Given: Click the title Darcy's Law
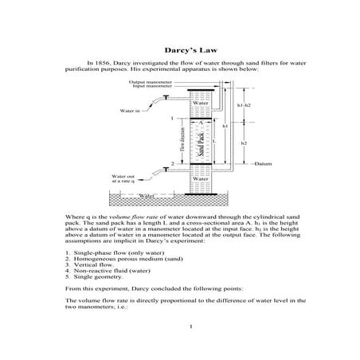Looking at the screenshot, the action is (x=179, y=49).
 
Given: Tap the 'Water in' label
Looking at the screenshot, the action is (x=130, y=111).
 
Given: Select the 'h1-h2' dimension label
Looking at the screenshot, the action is (x=244, y=104).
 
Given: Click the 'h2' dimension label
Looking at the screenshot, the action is (x=244, y=143).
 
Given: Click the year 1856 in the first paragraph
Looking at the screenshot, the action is (x=112, y=62).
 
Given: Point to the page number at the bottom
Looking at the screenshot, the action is (x=180, y=326).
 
